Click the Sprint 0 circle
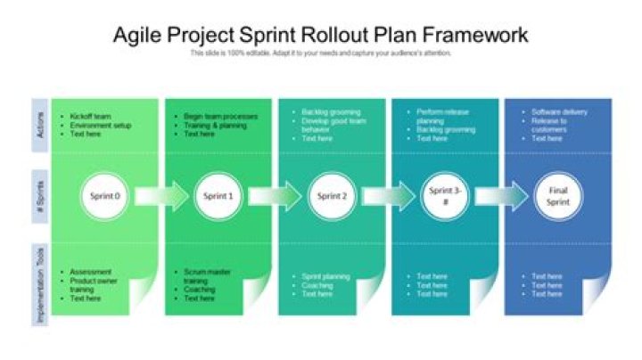pyautogui.click(x=104, y=196)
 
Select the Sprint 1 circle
pyautogui.click(x=218, y=196)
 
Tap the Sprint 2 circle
pyautogui.click(x=332, y=196)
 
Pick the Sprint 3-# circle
pyautogui.click(x=444, y=196)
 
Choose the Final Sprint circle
pyautogui.click(x=558, y=196)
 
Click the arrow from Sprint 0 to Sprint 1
pyautogui.click(x=161, y=196)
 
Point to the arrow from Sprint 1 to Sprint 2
pyautogui.click(x=275, y=196)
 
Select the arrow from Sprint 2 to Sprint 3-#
pyautogui.click(x=388, y=196)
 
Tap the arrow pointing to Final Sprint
pyautogui.click(x=501, y=196)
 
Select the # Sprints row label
pyautogui.click(x=40, y=196)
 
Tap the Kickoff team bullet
pyautogui.click(x=90, y=117)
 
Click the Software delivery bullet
pyautogui.click(x=559, y=112)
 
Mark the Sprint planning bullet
pyautogui.click(x=325, y=277)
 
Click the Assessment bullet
pyautogui.click(x=90, y=272)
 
